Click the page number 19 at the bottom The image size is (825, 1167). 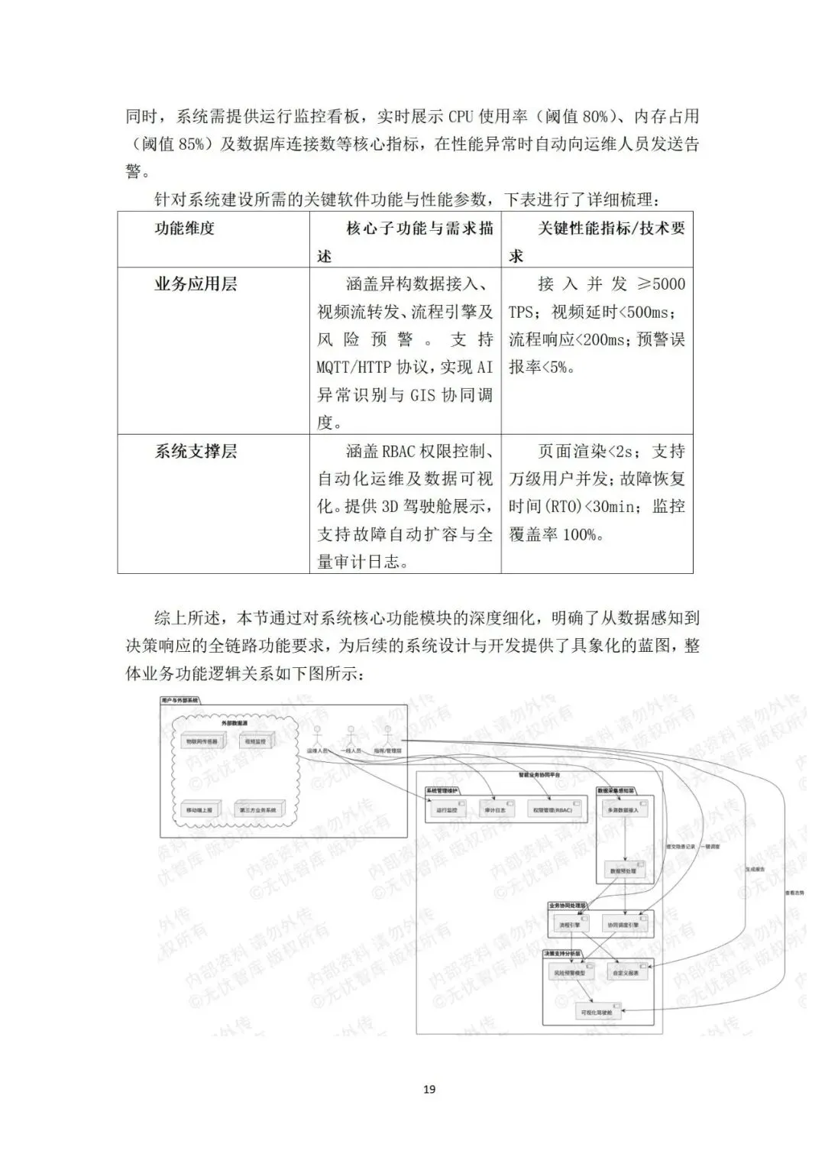(x=429, y=1088)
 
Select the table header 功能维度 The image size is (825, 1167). (x=185, y=228)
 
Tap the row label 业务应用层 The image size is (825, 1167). (x=196, y=284)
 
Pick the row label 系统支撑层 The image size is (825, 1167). (x=196, y=451)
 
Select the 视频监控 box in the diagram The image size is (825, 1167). (x=255, y=741)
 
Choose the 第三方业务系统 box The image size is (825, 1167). (x=257, y=809)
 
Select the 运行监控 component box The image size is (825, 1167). (x=446, y=809)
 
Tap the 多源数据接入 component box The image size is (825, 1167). (x=623, y=809)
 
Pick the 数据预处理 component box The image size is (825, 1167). (x=623, y=870)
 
